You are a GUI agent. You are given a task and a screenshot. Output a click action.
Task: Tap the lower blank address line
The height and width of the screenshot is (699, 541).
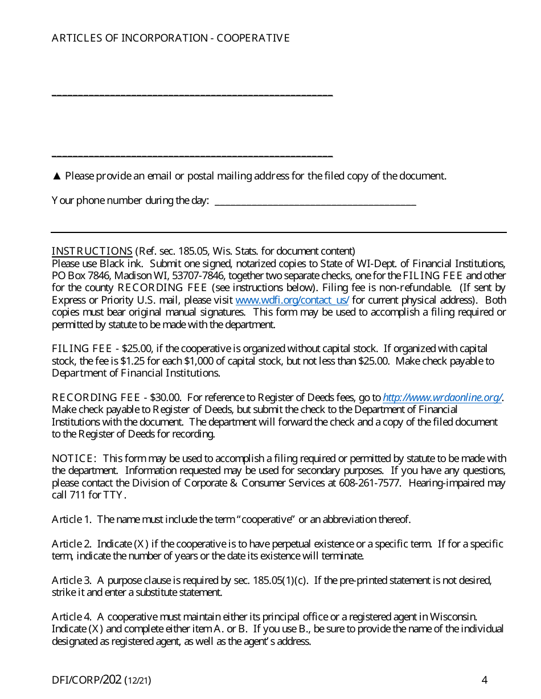point(192,156)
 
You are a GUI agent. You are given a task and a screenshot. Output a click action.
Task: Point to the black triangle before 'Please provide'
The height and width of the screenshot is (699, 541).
point(56,176)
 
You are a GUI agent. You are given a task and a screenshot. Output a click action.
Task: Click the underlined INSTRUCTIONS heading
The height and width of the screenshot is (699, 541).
point(92,251)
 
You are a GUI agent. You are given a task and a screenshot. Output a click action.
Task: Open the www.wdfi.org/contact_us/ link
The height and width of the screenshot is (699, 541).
point(292,300)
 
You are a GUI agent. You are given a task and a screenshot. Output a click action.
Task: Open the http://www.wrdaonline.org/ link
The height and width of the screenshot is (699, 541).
point(442,398)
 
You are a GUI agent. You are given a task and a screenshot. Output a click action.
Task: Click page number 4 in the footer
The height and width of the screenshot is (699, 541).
point(484,680)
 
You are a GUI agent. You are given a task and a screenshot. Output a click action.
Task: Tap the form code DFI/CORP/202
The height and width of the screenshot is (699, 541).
point(87,680)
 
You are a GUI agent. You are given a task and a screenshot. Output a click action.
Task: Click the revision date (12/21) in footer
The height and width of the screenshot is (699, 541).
point(138,680)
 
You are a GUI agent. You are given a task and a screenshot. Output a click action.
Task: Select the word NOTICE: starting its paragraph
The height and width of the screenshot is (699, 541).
point(74,459)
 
